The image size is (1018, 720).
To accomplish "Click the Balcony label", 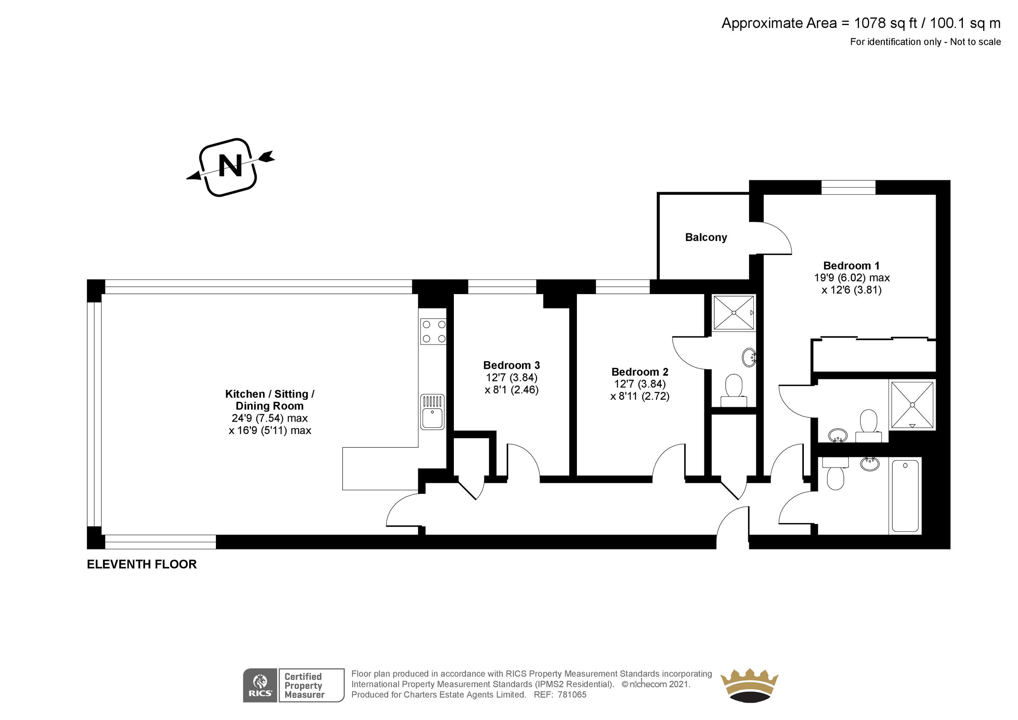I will pyautogui.click(x=706, y=237).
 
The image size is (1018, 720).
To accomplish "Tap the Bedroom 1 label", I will pyautogui.click(x=851, y=266).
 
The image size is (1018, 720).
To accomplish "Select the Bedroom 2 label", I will pyautogui.click(x=639, y=372).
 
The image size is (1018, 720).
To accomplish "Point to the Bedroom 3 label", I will pyautogui.click(x=511, y=365).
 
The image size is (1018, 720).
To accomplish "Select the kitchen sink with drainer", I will pyautogui.click(x=432, y=412).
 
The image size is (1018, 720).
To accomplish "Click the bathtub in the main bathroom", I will pyautogui.click(x=905, y=496).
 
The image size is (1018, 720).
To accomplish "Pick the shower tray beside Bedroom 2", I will pyautogui.click(x=734, y=313).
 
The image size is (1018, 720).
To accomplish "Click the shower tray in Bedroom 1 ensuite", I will pyautogui.click(x=912, y=405).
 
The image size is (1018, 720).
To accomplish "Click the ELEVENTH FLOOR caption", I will pyautogui.click(x=141, y=564).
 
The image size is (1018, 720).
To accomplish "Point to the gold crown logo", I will pyautogui.click(x=750, y=685).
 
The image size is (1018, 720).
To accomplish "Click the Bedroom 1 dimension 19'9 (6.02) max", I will pyautogui.click(x=851, y=278).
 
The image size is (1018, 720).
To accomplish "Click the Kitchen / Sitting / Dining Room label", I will pyautogui.click(x=270, y=400).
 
